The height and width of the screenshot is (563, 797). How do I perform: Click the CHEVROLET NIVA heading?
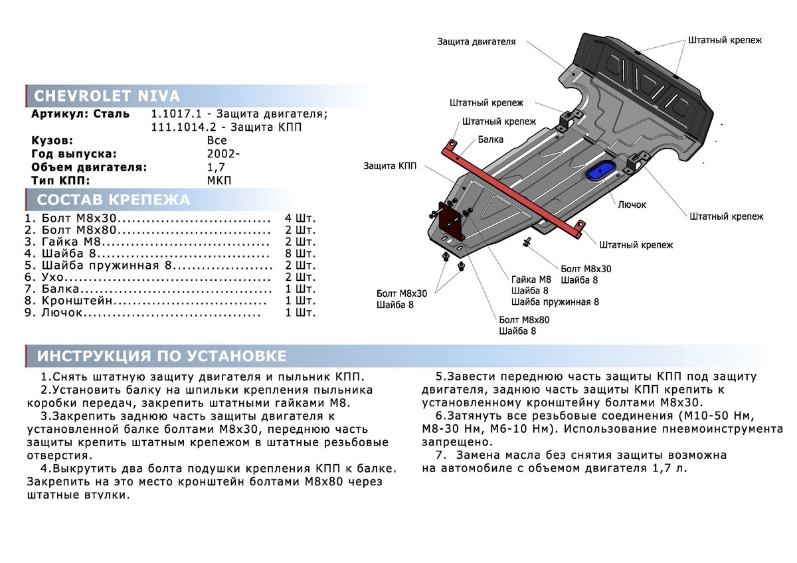(x=106, y=96)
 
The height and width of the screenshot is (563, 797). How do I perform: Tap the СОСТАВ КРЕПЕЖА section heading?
(x=113, y=200)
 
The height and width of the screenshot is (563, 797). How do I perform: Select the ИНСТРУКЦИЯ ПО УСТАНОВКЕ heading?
(x=162, y=356)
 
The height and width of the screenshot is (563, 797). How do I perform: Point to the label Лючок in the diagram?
(x=632, y=204)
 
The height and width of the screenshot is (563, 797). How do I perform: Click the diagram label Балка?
(x=490, y=140)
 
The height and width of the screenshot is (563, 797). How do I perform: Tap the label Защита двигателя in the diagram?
(x=476, y=41)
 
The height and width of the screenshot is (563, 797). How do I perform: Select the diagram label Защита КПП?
(x=390, y=166)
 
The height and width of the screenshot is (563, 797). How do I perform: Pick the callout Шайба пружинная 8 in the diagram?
(x=555, y=301)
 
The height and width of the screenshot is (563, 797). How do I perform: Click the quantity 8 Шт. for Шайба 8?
(x=300, y=254)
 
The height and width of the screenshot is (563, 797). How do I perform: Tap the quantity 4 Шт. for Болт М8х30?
(x=300, y=218)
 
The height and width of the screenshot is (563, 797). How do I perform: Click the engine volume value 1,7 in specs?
(x=216, y=167)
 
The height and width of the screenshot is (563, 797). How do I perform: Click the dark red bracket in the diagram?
(x=450, y=220)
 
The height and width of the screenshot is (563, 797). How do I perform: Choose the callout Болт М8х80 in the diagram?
(x=524, y=319)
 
